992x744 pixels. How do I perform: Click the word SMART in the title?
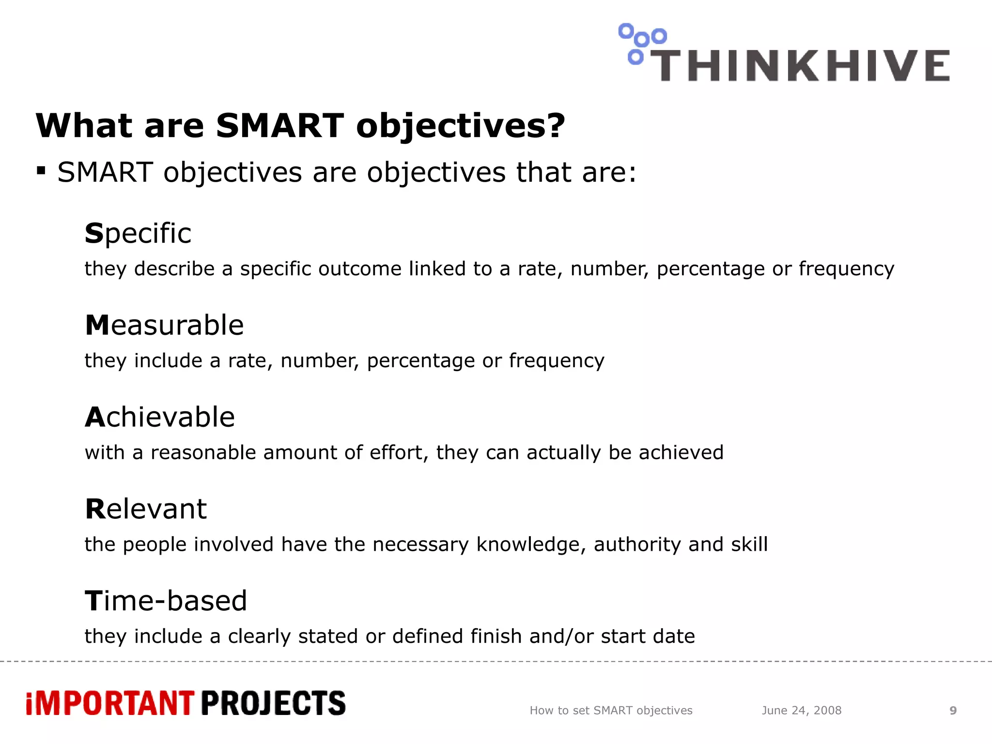pos(279,125)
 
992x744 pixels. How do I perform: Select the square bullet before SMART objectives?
pos(41,170)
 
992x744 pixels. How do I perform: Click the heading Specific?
pos(138,233)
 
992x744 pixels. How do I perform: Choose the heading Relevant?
pos(146,509)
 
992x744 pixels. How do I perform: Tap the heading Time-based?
pos(166,601)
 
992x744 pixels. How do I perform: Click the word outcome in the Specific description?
pos(359,269)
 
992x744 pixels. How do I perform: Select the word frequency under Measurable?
pos(556,361)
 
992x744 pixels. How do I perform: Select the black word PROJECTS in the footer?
pos(273,703)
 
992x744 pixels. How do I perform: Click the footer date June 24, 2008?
pos(802,711)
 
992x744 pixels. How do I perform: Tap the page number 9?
pos(953,711)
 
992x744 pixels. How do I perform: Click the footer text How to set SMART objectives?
pos(611,711)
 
